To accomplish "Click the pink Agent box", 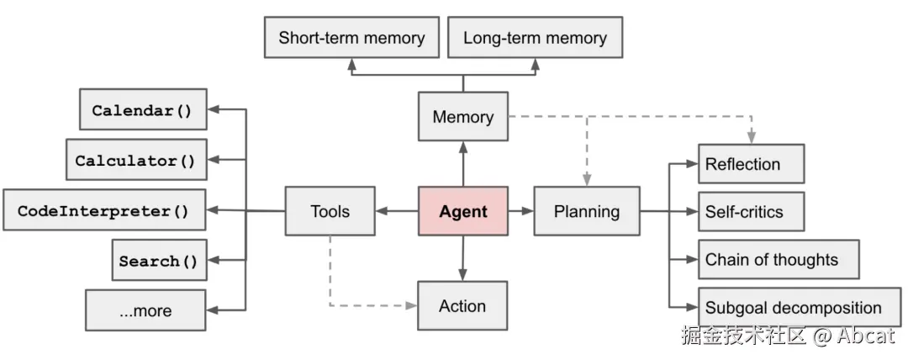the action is coord(463,211).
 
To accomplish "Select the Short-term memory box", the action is coord(351,37).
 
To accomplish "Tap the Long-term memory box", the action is coord(535,37).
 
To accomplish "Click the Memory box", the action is coord(463,117).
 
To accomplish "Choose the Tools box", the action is coord(330,211).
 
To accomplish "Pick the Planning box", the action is coord(587,211).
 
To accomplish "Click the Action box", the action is coord(462,305).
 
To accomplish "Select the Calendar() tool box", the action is coord(142,109).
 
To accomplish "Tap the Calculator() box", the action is coord(136,160).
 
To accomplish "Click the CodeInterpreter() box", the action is coord(104,209).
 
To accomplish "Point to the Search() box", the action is coord(159,260).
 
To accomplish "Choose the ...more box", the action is coord(145,310).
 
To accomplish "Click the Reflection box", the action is coord(751,163).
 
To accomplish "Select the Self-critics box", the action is coord(751,212).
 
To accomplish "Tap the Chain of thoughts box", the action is coord(779,259).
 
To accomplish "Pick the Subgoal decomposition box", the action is coord(800,307).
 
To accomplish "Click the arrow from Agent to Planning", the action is coord(520,211).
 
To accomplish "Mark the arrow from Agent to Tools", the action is coord(397,211).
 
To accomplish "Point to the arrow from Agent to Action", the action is coord(462,258).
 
